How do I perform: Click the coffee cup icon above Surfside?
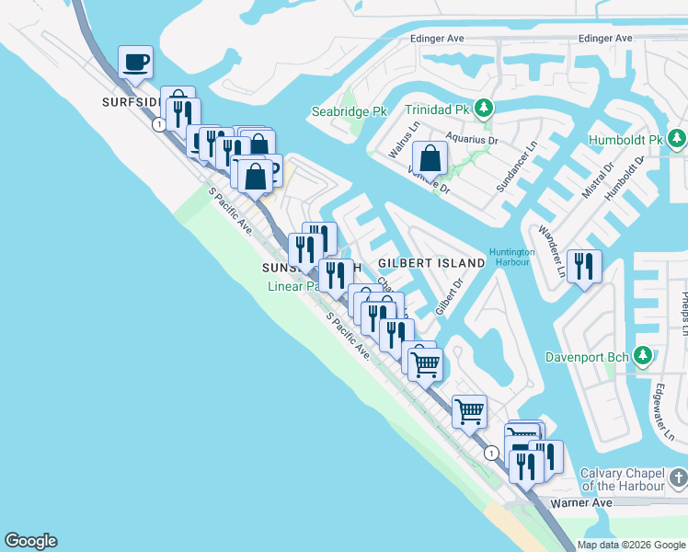[x=135, y=62]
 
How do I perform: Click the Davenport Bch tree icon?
[x=643, y=355]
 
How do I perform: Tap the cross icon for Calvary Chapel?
[x=678, y=478]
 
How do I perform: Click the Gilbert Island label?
[x=431, y=263]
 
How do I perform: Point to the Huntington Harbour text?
[x=512, y=257]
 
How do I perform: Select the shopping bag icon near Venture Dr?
[x=430, y=158]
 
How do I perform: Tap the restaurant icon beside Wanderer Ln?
[x=584, y=266]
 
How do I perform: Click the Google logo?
[x=30, y=541]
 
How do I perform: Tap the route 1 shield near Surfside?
[x=160, y=123]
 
